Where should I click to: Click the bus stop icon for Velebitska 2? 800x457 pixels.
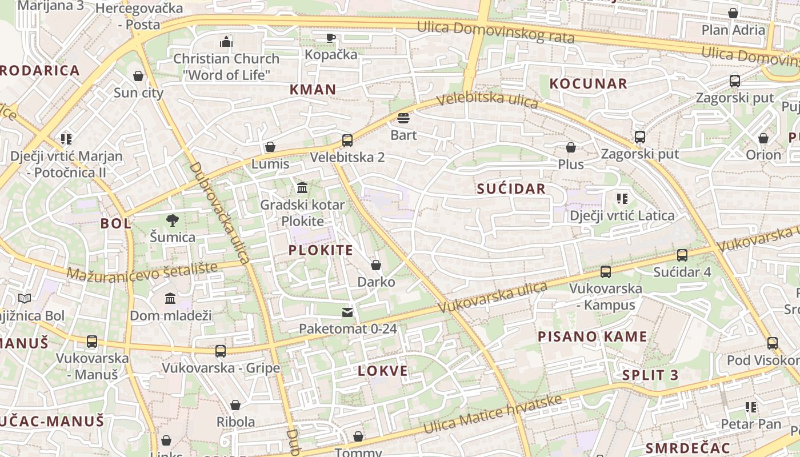tap(347, 140)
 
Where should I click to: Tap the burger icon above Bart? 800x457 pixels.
tap(403, 118)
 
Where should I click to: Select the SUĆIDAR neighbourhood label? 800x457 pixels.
tap(511, 189)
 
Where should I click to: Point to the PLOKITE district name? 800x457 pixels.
tap(321, 250)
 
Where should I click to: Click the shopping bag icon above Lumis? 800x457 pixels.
tap(270, 147)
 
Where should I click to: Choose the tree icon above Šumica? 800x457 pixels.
tap(171, 221)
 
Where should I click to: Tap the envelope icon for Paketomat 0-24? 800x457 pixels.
tap(347, 312)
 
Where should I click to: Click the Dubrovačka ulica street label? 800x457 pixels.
tap(219, 213)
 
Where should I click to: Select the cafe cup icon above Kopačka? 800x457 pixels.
tap(330, 38)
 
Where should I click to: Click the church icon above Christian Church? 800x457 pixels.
tap(226, 42)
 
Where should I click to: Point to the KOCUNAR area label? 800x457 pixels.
tap(588, 84)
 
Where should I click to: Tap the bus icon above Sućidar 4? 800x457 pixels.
tap(682, 255)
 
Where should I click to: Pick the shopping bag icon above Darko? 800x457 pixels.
tap(376, 265)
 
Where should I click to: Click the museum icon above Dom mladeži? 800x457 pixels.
tap(170, 299)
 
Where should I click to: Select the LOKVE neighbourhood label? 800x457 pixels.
tap(383, 371)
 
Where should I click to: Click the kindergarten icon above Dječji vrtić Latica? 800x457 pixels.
tap(622, 199)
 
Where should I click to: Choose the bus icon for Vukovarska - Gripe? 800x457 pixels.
tap(221, 351)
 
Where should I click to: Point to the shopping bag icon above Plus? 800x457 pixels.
tap(570, 148)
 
